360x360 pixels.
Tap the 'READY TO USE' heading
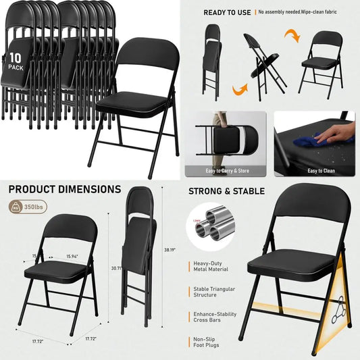pyautogui.click(x=228, y=12)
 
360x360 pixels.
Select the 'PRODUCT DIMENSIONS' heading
pyautogui.click(x=64, y=190)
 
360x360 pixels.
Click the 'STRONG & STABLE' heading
pyautogui.click(x=226, y=190)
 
